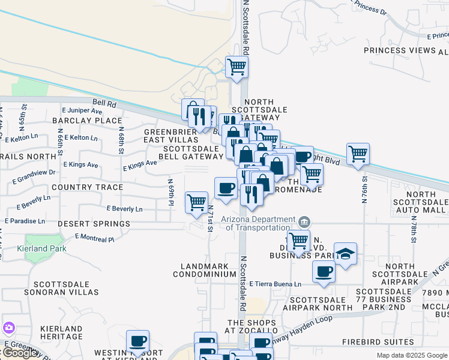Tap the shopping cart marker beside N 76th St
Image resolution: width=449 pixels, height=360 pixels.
[358, 154]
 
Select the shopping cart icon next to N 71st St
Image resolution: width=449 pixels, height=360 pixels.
[197, 203]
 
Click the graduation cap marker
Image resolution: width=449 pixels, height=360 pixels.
[345, 254]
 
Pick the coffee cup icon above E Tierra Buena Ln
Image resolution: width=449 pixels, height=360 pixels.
[324, 272]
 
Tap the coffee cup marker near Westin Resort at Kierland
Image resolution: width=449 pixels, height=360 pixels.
[137, 341]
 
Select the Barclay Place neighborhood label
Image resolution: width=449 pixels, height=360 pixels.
[87, 121]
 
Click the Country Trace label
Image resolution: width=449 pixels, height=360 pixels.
[87, 187]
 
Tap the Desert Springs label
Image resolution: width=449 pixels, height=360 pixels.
[94, 224]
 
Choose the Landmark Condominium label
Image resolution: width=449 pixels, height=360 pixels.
[205, 270]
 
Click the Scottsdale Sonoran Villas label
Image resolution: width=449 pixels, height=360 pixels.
[66, 288]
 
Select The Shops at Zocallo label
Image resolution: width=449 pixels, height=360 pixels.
[251, 326]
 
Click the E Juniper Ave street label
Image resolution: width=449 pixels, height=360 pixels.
[82, 110]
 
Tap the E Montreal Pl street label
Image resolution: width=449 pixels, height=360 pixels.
[94, 238]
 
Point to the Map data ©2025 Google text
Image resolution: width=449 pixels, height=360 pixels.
[411, 355]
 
